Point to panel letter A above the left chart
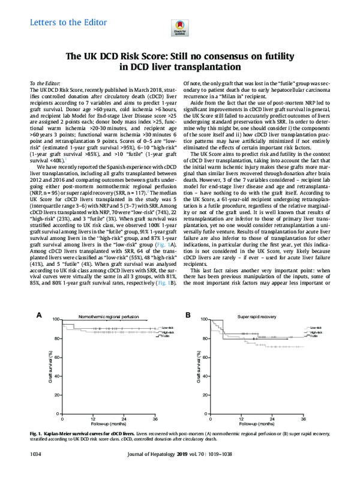coord(38,314)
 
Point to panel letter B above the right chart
coord(188,314)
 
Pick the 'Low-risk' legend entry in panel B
coord(315,328)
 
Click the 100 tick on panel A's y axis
coord(56,320)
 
